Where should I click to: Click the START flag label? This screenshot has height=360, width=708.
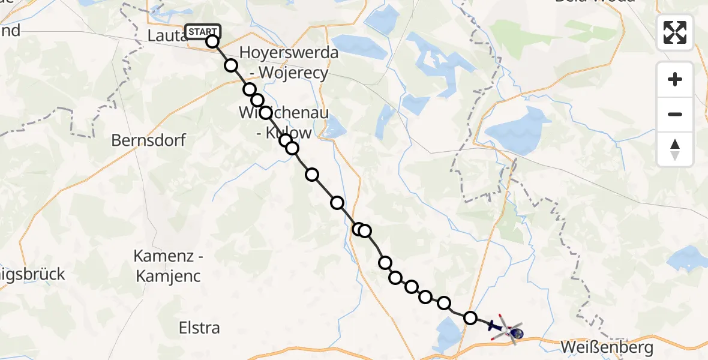click(x=203, y=32)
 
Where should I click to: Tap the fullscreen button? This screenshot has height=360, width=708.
click(x=675, y=32)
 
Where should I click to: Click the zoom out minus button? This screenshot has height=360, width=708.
click(x=675, y=114)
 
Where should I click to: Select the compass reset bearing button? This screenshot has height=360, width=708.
click(x=675, y=149)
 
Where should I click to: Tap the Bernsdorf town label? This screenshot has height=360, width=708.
click(x=149, y=140)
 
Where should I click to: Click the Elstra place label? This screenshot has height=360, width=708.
click(x=200, y=328)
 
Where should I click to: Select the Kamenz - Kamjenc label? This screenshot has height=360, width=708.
click(x=167, y=266)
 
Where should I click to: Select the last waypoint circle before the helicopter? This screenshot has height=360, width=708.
click(x=470, y=317)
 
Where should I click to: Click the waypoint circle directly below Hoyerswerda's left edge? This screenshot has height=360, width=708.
click(x=250, y=89)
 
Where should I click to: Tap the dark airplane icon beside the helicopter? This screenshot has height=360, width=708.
click(x=493, y=326)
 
